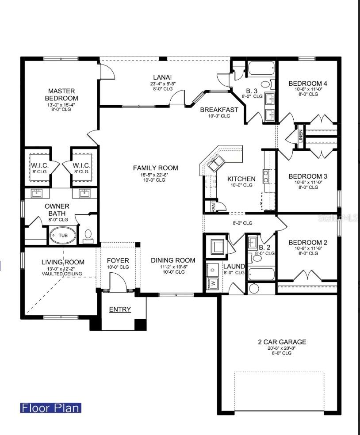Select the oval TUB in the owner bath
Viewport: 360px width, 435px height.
tap(63, 235)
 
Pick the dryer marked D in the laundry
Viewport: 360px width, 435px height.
tap(213, 269)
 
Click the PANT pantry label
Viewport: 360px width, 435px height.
tap(213, 206)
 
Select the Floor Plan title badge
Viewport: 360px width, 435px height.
tap(51, 408)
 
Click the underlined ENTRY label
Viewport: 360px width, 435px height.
tap(120, 309)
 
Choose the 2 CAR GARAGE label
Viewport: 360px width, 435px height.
tap(282, 342)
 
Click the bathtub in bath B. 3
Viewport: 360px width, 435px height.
tap(261, 68)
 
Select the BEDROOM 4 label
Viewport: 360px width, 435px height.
tap(308, 83)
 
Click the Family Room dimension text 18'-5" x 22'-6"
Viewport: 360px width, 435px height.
tap(155, 175)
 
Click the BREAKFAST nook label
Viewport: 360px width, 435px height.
tap(219, 110)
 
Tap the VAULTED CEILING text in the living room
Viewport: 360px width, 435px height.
tap(62, 274)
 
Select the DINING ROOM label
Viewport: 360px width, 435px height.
tap(173, 260)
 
